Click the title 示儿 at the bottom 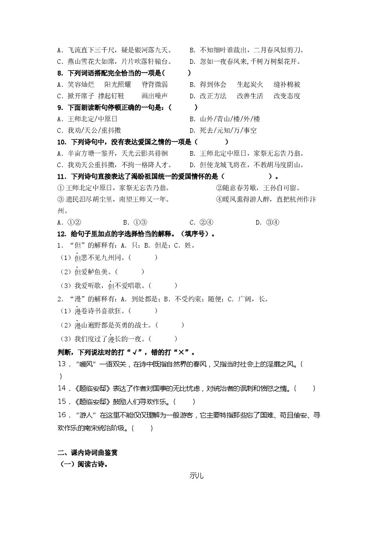196,475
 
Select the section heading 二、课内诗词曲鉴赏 88,452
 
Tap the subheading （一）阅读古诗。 84,464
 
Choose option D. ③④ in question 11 267,222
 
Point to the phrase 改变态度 287,96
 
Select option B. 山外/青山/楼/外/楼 225,119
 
